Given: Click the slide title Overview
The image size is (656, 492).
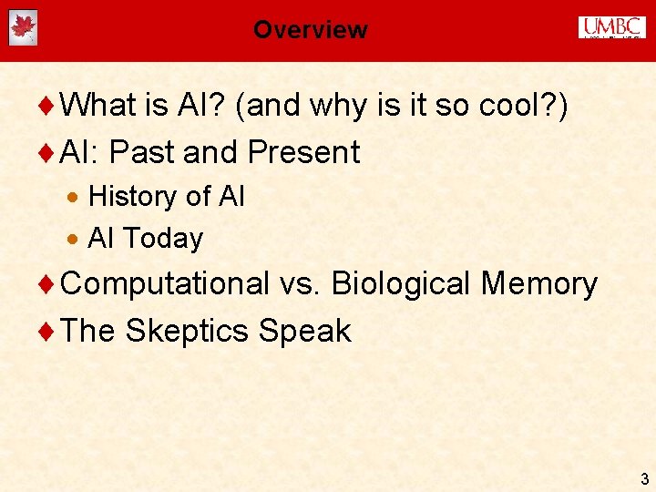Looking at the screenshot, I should click(x=310, y=29).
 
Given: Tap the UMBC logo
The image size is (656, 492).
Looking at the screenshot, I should click(x=611, y=28).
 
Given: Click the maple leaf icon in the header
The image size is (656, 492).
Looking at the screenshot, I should click(x=23, y=28).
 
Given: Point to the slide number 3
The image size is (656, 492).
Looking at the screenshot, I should click(x=644, y=478).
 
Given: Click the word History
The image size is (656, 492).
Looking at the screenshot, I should click(x=132, y=196).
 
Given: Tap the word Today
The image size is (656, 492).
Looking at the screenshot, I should click(x=162, y=239).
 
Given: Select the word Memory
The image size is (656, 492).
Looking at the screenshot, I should click(x=538, y=284).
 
